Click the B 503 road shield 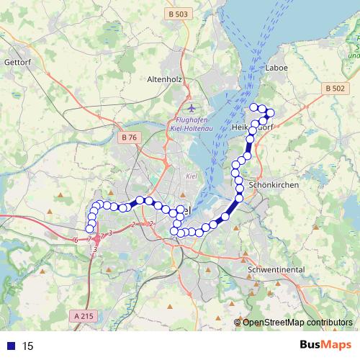[x=176, y=14]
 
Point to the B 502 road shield [x=335, y=88]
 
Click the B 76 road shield [x=130, y=137]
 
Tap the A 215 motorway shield [x=84, y=316]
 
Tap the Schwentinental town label [x=276, y=269]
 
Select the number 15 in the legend [x=28, y=346]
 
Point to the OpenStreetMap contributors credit [x=297, y=323]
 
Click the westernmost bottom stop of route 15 [x=90, y=229]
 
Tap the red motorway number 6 [x=76, y=239]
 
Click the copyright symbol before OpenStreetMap [x=237, y=323]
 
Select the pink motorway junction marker [x=96, y=237]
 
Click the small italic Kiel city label [x=192, y=176]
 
